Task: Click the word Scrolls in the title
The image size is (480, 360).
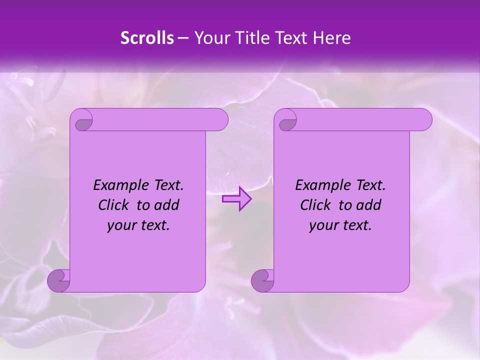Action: (147, 38)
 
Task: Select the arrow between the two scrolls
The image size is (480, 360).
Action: (236, 199)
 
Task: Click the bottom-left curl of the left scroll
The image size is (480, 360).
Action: (58, 280)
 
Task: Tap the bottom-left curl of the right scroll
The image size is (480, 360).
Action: (262, 280)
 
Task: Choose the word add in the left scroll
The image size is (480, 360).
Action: (167, 205)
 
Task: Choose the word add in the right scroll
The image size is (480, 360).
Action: (369, 205)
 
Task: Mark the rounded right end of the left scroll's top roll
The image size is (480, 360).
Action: (220, 120)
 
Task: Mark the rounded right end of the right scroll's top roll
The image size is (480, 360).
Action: (424, 120)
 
